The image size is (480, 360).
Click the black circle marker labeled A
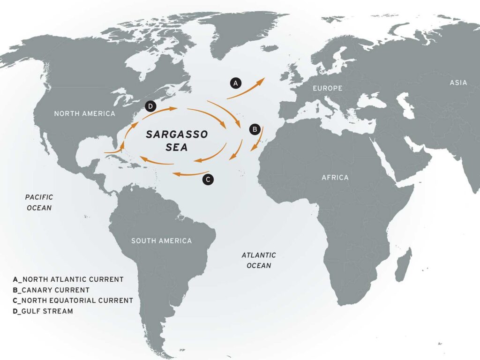coord(236,83)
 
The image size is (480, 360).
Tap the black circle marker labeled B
coord(255,128)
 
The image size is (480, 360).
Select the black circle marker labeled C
coord(209,179)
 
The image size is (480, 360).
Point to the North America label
coord(84,114)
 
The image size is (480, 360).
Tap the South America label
coord(161,241)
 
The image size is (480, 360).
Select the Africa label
coord(335,178)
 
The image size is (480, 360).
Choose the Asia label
coord(458,83)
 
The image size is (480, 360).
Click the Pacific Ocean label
coord(39,202)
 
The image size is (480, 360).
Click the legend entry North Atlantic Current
coord(68,279)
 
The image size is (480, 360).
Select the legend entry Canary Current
coord(52,290)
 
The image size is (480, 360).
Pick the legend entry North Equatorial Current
coord(73,300)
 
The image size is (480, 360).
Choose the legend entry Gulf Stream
coord(43,311)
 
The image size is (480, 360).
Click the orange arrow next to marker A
coord(246,89)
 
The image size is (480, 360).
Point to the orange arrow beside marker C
coord(190,174)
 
